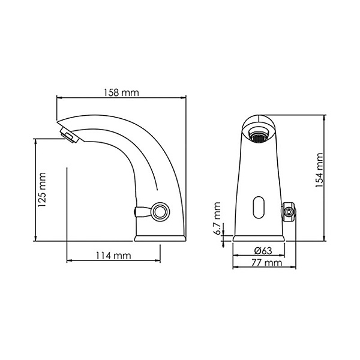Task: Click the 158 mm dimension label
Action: pos(120,93)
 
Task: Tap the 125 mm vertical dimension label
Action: pos(42,190)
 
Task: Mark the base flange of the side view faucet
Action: pos(160,238)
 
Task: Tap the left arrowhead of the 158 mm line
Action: pos(58,98)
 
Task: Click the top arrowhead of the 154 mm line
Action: pos(325,116)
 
